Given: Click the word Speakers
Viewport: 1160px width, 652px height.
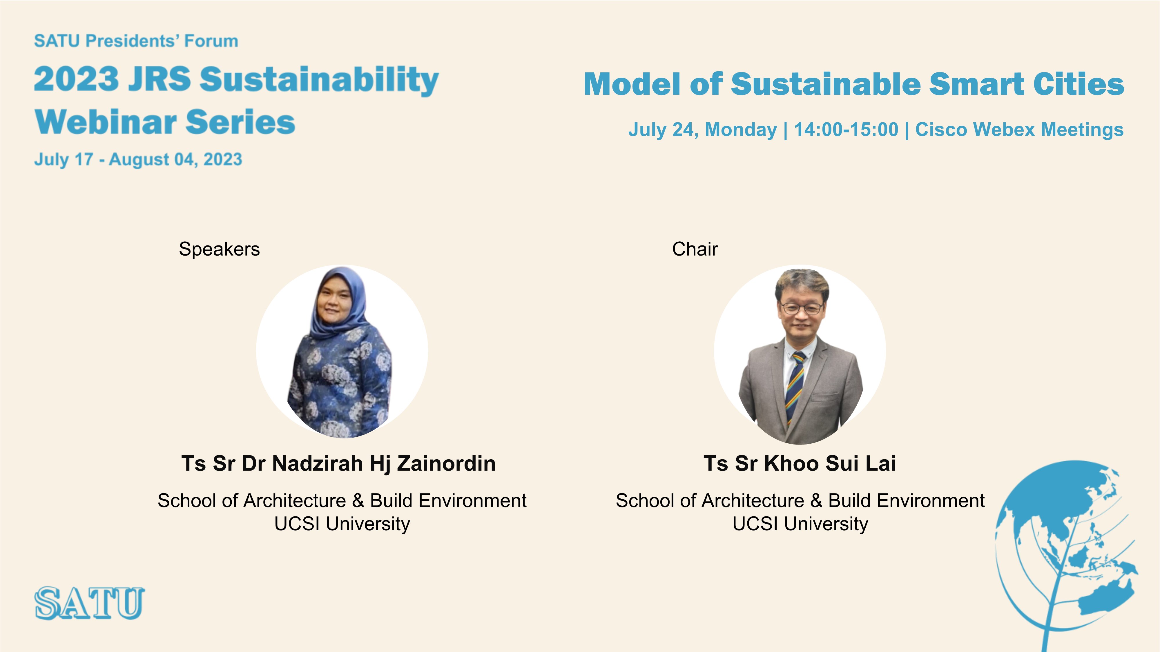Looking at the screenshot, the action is point(219,249).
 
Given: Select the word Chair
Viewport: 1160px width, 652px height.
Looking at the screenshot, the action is point(695,249).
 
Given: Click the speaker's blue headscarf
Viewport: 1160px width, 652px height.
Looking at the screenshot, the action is point(340,301).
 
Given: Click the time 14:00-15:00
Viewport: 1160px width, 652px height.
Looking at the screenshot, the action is point(846,130).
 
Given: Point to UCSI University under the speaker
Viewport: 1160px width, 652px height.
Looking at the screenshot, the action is point(342,524).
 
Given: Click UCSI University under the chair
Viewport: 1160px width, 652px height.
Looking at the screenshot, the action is point(800,524).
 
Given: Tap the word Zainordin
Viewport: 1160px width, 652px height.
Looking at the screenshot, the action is point(446,463).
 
